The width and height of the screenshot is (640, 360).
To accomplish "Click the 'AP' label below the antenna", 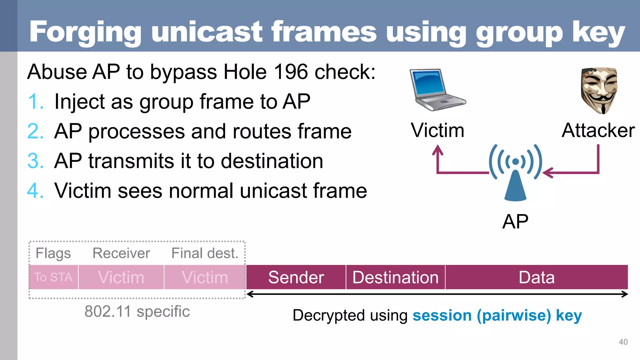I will (515, 222).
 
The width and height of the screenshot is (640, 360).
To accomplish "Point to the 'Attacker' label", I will (598, 130).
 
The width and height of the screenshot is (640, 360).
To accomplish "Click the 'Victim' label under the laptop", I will (437, 130).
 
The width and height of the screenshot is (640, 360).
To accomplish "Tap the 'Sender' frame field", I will (296, 277).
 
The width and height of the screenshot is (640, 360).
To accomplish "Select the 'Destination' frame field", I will (395, 277).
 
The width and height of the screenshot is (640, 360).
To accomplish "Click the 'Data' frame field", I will (537, 277).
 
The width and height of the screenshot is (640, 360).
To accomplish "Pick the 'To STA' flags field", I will (53, 277).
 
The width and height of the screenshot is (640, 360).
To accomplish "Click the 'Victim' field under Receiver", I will (121, 277).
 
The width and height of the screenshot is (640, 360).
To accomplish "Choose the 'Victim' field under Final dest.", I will (205, 277).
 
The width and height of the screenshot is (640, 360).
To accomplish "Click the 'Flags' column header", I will (53, 253).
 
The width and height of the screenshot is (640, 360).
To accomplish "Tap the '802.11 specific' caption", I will (137, 312).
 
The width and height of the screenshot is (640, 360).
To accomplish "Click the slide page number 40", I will (623, 342).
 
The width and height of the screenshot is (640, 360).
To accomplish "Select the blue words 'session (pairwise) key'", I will (497, 315).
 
